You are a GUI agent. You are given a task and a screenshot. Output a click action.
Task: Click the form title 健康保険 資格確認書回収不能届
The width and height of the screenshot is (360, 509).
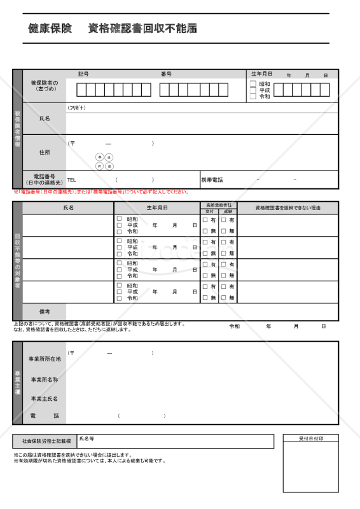(113, 29)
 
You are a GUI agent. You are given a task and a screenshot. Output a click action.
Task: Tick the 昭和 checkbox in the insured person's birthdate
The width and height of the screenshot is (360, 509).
(253, 84)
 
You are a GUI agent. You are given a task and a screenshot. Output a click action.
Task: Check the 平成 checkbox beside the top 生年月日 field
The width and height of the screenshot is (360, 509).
(253, 90)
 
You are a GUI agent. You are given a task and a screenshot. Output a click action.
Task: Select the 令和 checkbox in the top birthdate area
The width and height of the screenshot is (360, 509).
(253, 97)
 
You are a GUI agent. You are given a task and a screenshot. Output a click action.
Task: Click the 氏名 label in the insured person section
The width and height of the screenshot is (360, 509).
(45, 119)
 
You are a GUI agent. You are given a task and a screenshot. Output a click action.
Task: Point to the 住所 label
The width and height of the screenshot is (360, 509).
(45, 152)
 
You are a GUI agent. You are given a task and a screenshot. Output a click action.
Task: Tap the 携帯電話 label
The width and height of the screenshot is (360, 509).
(212, 180)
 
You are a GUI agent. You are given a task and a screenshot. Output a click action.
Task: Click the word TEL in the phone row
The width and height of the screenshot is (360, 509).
(72, 180)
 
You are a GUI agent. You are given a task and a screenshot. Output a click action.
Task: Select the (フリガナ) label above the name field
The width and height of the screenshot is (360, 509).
(76, 108)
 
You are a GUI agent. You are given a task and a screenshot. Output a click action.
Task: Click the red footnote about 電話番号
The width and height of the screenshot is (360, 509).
(102, 192)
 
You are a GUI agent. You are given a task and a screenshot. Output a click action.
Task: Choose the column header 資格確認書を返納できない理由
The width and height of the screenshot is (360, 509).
(287, 208)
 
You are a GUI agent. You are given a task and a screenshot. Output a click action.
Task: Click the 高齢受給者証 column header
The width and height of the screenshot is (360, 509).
(219, 205)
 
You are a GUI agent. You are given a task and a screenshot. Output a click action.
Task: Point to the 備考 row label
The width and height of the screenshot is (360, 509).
(45, 312)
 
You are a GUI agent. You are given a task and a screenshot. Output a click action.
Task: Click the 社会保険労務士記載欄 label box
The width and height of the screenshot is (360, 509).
(45, 441)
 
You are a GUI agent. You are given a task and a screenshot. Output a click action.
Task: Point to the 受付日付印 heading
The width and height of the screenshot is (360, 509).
(311, 439)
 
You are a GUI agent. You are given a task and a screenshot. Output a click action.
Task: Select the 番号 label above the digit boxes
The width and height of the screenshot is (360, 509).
(166, 74)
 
